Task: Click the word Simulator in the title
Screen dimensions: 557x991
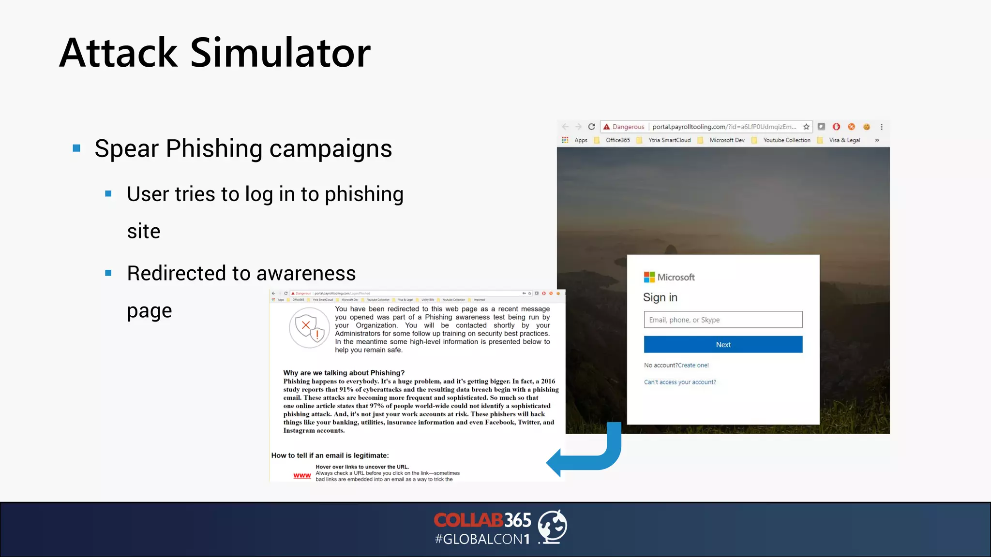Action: tap(280, 53)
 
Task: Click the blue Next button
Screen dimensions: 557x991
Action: tap(723, 344)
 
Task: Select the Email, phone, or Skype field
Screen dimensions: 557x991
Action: tap(723, 320)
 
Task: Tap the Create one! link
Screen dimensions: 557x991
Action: tap(693, 365)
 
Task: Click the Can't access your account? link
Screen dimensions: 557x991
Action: tap(680, 382)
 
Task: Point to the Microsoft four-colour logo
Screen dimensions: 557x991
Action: tap(649, 277)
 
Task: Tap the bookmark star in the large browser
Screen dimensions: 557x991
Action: tap(806, 127)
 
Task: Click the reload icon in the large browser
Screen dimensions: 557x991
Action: tap(591, 127)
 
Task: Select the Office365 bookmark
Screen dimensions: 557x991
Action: tap(617, 140)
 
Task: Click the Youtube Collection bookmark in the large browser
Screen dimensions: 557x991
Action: tap(786, 140)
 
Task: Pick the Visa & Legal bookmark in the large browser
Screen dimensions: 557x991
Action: tap(844, 140)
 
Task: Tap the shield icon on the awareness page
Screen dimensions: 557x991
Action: tap(309, 328)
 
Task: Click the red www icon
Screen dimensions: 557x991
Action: tap(302, 476)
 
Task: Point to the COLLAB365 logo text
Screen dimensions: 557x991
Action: tap(482, 520)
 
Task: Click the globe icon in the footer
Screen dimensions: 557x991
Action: tap(553, 526)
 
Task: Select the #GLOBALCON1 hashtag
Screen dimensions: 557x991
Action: tap(482, 539)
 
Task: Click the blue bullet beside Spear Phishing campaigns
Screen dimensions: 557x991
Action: tap(76, 148)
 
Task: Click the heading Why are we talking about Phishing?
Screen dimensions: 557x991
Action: tap(344, 373)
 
